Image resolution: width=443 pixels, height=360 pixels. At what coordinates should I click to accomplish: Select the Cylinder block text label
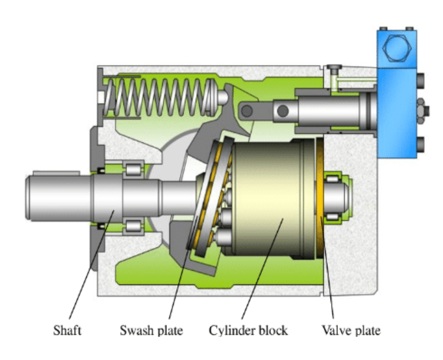248,331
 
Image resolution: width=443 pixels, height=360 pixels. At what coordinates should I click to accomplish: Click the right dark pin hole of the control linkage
282,110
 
